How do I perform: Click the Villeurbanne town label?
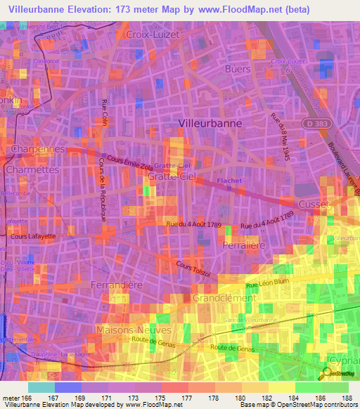(x=210, y=123)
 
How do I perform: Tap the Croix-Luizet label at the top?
(x=153, y=33)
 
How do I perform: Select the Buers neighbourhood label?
(x=237, y=70)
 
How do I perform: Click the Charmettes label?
(x=32, y=170)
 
